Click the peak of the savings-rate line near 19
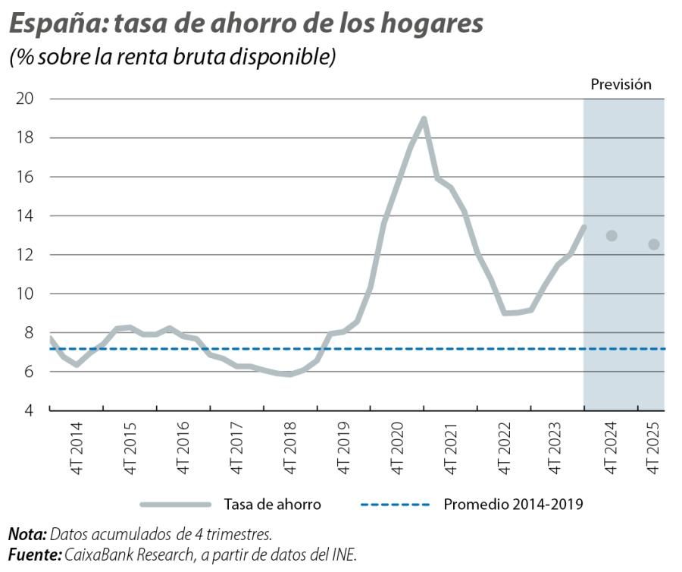pos(424,118)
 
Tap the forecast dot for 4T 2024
pos(612,236)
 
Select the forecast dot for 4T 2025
pos(654,244)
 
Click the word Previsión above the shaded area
pos(621,85)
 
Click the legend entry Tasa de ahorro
pos(272,504)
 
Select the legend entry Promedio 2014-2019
pos(513,504)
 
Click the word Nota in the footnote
pos(26,536)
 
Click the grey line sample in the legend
pos(175,504)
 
